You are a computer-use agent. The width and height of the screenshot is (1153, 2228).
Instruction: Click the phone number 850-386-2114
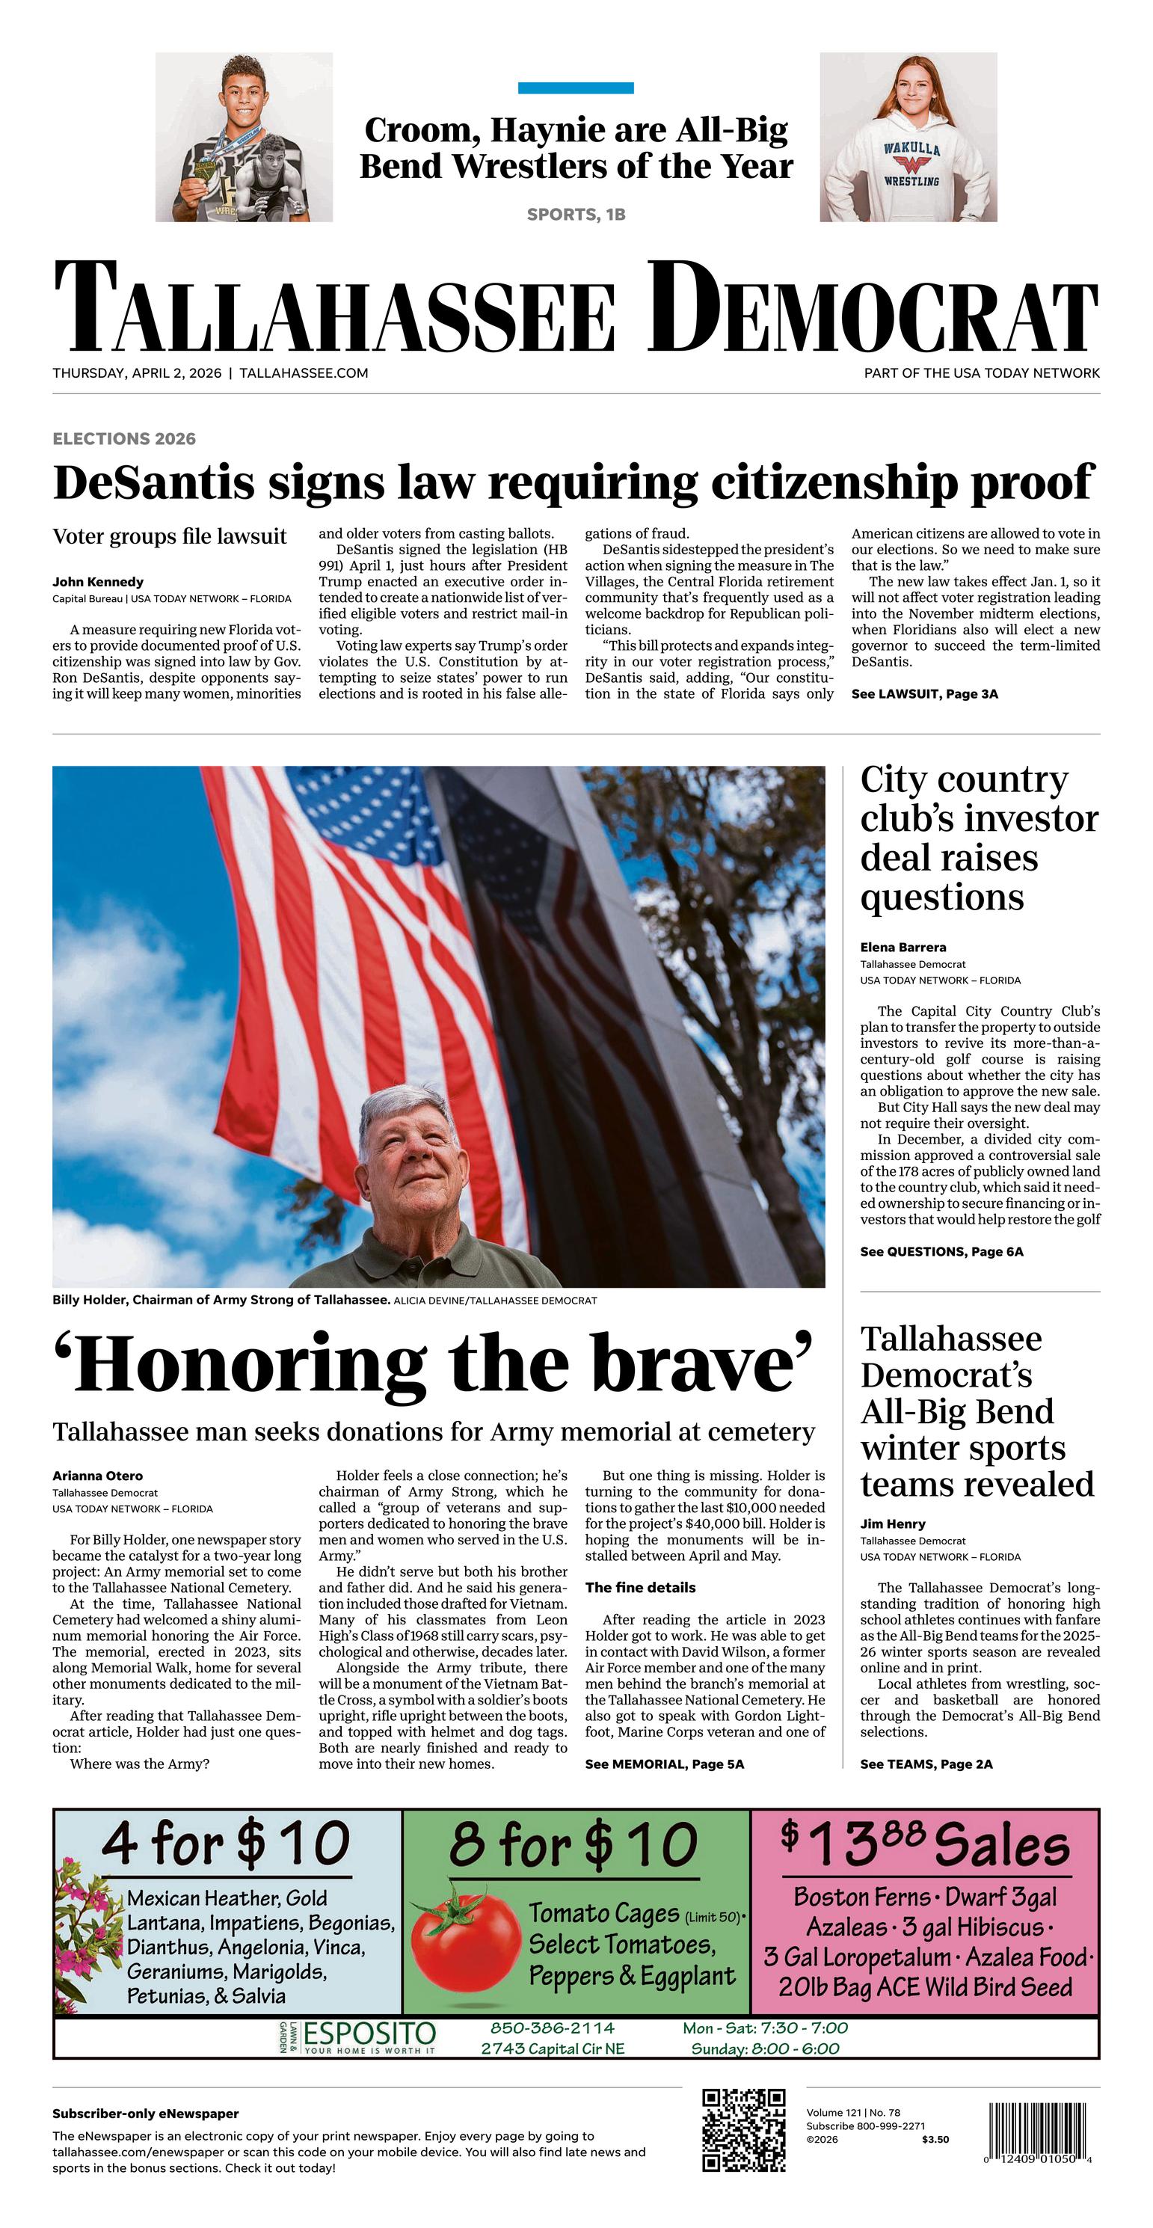(552, 2028)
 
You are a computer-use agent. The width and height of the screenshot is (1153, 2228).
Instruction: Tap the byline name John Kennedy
(98, 582)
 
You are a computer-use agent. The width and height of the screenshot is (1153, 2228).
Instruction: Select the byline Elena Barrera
(903, 947)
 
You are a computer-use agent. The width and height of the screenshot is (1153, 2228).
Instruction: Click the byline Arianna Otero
(98, 1476)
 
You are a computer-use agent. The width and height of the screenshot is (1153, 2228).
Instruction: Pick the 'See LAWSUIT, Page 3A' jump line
(925, 693)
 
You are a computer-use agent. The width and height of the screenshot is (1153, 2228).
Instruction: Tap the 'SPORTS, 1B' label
(576, 215)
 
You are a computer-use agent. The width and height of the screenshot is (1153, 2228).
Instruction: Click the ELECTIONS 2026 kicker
(123, 438)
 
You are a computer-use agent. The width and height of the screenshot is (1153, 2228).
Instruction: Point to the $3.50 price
(935, 2139)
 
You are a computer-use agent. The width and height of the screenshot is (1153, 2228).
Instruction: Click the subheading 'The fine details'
(640, 1587)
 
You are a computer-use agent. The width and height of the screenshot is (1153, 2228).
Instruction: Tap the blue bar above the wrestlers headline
(575, 88)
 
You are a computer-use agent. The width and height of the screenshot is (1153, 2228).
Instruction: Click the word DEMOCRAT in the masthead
(873, 309)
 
